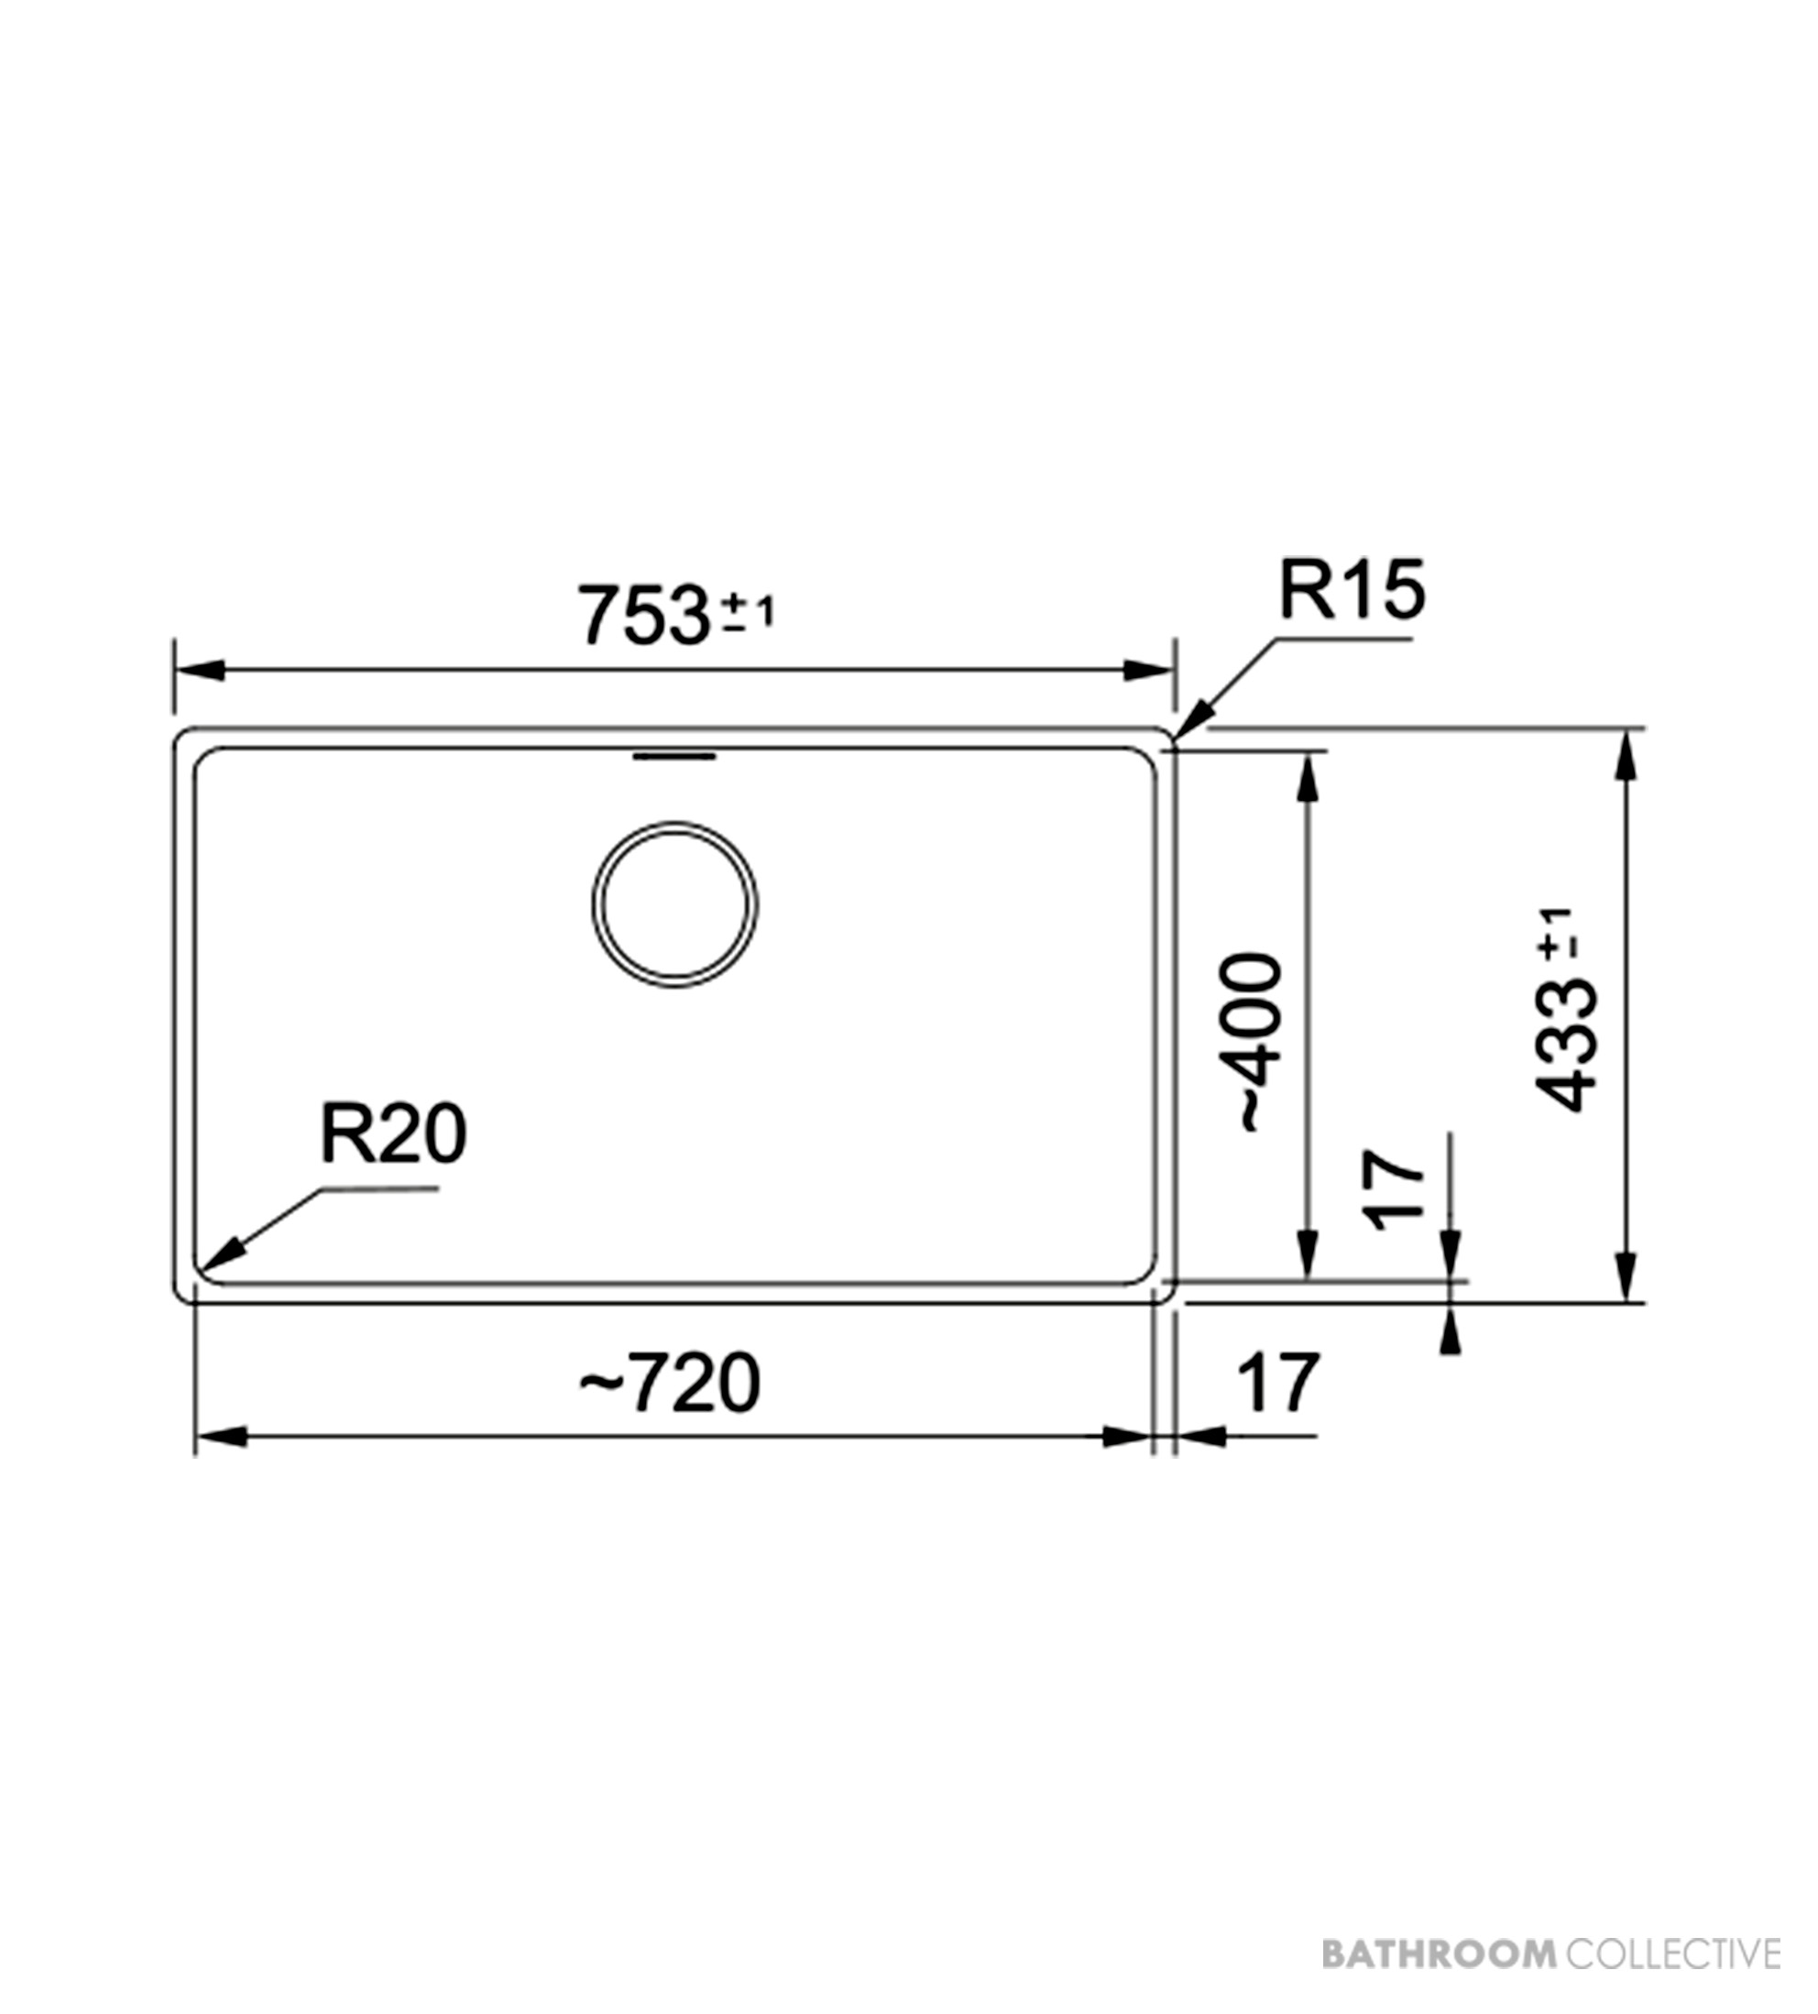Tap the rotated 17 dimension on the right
coord(1393,1190)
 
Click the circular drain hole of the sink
coord(674,905)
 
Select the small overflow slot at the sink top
coord(674,756)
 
